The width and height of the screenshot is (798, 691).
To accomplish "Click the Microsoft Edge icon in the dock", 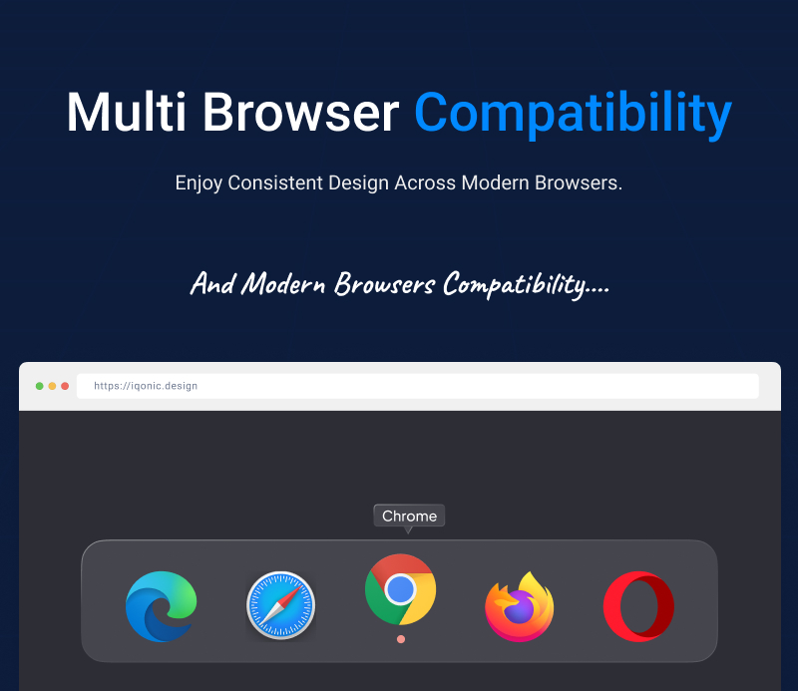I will point(162,605).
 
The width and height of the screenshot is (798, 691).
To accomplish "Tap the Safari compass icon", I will point(280,605).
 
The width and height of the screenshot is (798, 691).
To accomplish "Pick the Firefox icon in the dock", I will point(519,605).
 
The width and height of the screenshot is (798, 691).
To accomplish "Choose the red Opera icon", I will point(638,606).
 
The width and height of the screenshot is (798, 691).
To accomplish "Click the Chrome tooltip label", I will point(409,516).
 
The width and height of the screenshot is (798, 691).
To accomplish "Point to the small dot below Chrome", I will point(400,638).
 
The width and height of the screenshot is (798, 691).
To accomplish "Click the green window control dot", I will point(40,386).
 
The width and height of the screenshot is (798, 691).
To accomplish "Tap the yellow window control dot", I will point(52,386).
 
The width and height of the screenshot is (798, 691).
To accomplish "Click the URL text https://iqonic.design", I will point(146,386).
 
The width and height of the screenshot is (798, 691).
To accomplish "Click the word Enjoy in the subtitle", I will point(199,183).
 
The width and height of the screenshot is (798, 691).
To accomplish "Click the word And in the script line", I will point(211,284).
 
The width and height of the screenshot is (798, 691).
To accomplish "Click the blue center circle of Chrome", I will point(400,588).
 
